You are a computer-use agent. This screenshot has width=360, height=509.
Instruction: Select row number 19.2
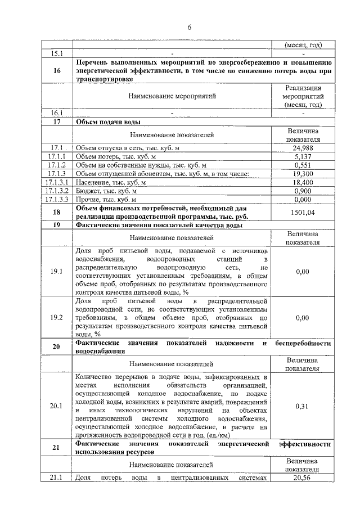pyautogui.click(x=56, y=317)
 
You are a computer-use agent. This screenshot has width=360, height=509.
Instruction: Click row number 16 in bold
pyautogui.click(x=56, y=71)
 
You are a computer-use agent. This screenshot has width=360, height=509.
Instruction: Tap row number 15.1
pyautogui.click(x=56, y=54)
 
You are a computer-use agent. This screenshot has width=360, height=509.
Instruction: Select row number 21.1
pyautogui.click(x=56, y=478)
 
